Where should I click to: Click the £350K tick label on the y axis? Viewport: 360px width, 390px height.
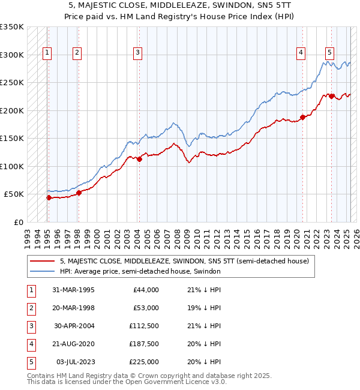pyautogui.click(x=12, y=27)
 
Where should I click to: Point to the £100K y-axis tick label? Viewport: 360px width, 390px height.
pyautogui.click(x=12, y=166)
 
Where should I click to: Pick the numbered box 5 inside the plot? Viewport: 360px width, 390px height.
pyautogui.click(x=330, y=52)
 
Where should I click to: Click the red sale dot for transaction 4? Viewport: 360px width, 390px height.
pyautogui.click(x=303, y=118)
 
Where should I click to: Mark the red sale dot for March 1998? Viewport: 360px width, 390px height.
pyautogui.click(x=79, y=193)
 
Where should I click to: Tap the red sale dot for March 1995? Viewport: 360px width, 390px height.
pyautogui.click(x=49, y=197)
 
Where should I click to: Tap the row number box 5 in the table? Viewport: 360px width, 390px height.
pyautogui.click(x=31, y=362)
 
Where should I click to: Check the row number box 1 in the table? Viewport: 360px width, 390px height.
pyautogui.click(x=31, y=290)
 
